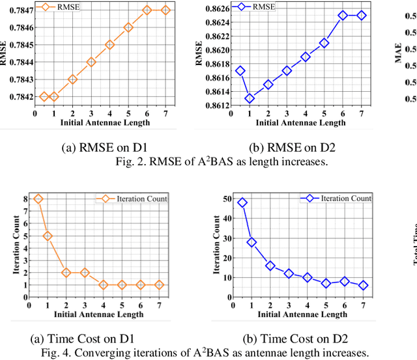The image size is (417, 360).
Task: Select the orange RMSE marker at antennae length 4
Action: (109, 45)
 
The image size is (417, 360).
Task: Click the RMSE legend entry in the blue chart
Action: (262, 7)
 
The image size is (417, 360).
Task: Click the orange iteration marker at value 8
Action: (38, 199)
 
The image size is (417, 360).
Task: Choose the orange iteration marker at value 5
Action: (48, 236)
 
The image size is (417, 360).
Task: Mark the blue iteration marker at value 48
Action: (242, 202)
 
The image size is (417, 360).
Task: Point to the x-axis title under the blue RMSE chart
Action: (300, 122)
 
